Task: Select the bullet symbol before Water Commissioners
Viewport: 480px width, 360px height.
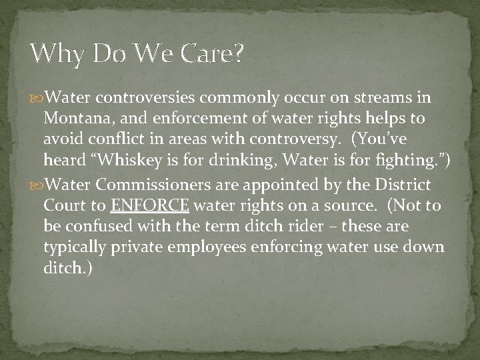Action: tap(36, 183)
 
